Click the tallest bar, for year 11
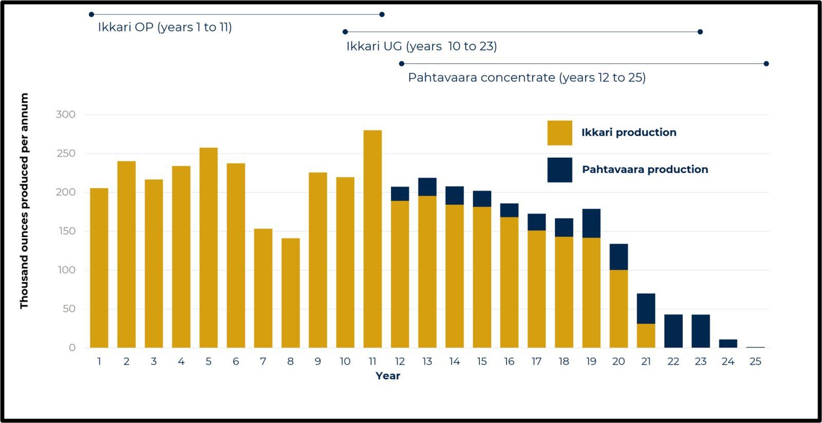coord(372,239)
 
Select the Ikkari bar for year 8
coord(290,293)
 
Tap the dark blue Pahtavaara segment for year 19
coord(591,223)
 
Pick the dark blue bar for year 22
coord(673,331)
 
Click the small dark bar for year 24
coord(728,343)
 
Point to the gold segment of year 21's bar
coord(646,336)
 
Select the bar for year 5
coord(208,248)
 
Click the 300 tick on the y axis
coord(65,115)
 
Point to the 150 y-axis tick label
coord(65,231)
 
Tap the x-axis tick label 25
coord(755,361)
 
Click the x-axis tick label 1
coord(99,361)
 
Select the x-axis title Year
coord(387,376)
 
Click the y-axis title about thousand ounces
coord(24,201)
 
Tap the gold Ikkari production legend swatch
coord(559,133)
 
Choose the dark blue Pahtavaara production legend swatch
coord(559,170)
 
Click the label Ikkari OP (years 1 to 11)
coord(165,27)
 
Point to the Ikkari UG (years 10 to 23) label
coord(421,46)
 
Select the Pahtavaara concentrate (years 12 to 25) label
coord(527,78)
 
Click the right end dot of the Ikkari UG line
coord(700,32)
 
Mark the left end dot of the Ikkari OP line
coord(91,14)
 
